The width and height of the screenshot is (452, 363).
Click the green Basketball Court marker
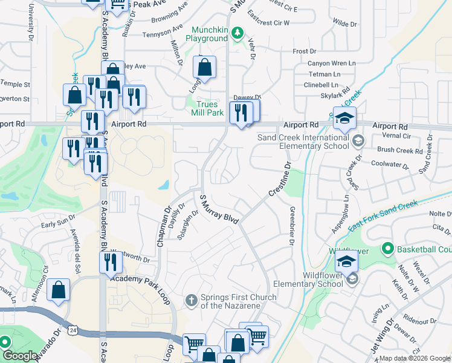[387, 249]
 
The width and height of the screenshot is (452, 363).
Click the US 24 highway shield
[73, 330]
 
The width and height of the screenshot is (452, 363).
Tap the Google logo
[19, 356]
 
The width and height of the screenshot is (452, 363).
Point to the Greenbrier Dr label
[291, 227]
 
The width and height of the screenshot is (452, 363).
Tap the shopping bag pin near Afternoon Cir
[58, 290]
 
